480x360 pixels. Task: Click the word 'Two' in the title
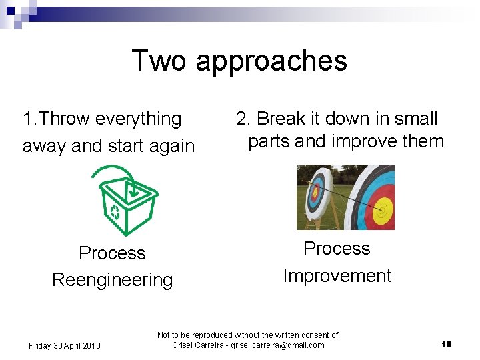tap(159, 60)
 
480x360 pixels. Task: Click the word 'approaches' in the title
tap(271, 61)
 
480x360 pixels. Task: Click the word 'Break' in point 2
tap(281, 119)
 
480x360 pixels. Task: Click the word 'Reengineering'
tap(112, 280)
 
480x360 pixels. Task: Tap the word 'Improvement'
tap(337, 276)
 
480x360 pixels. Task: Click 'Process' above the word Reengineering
tap(112, 253)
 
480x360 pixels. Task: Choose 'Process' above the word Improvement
tap(337, 249)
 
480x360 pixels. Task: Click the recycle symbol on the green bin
tap(115, 213)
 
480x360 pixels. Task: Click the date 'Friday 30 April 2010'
tap(65, 345)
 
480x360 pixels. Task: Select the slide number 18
tap(446, 345)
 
